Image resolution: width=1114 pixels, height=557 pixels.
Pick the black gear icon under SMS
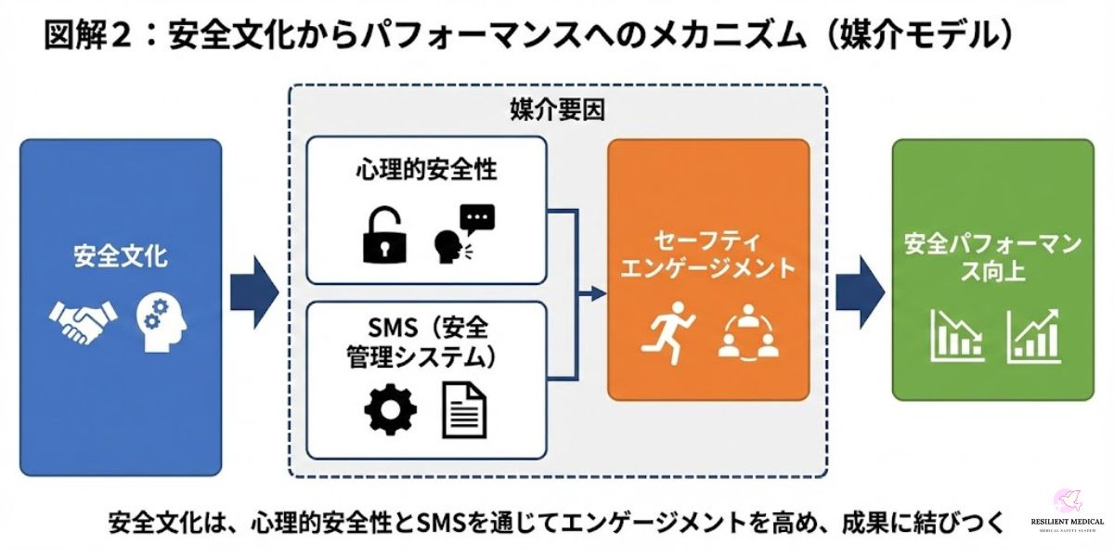click(x=390, y=409)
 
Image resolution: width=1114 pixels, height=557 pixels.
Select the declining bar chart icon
click(x=956, y=335)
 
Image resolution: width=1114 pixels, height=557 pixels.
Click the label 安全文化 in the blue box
click(x=121, y=255)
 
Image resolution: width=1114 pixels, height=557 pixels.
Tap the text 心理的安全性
click(x=426, y=171)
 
